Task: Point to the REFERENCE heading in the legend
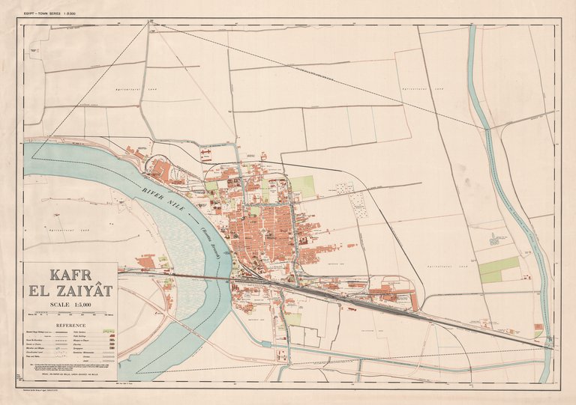(x=70, y=326)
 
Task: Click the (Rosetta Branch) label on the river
(x=212, y=240)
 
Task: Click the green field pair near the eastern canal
(x=499, y=270)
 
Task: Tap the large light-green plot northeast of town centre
(x=303, y=186)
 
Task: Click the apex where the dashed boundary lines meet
(x=149, y=23)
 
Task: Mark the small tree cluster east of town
(x=494, y=239)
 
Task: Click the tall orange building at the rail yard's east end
(x=414, y=301)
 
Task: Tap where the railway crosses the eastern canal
(x=548, y=344)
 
